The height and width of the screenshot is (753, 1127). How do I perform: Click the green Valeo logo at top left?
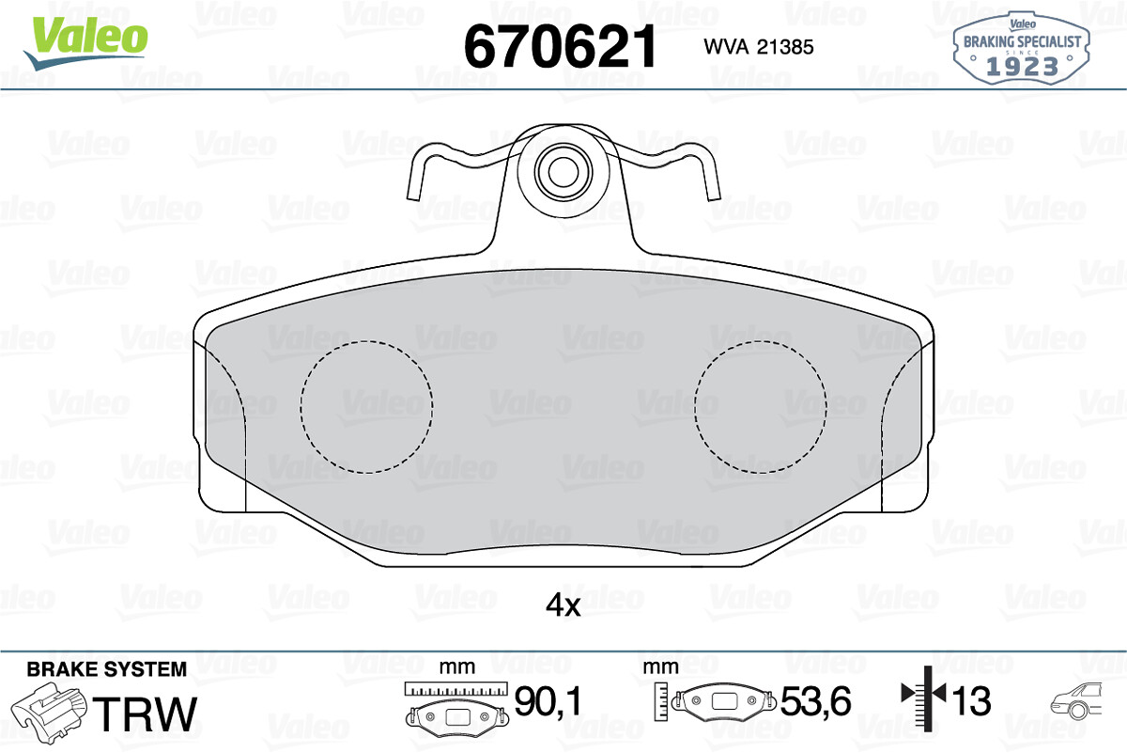point(85,43)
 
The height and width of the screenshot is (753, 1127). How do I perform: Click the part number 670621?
point(560,47)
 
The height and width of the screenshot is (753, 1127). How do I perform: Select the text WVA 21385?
point(759,47)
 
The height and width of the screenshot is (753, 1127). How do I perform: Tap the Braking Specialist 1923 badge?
point(1021,48)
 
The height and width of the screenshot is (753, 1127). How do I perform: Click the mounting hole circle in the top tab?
point(563,172)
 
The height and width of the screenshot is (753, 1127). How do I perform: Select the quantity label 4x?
point(563,604)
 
